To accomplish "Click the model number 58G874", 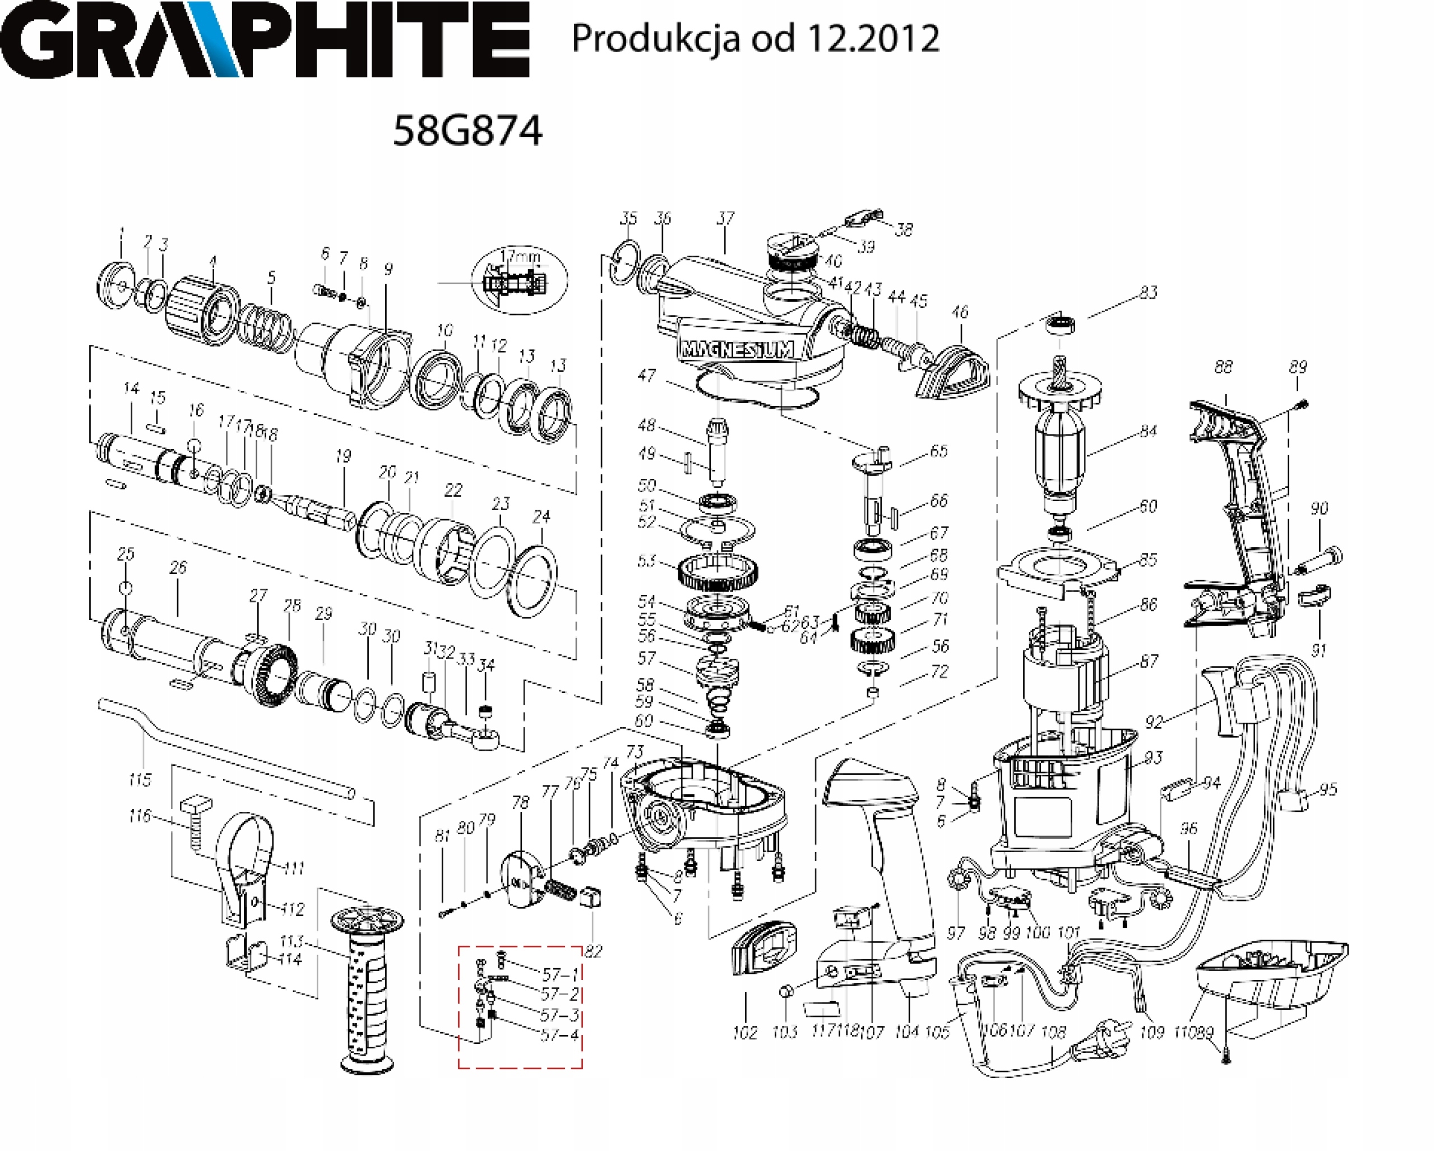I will click(x=467, y=131).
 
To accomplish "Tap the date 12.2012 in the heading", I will click(x=873, y=38).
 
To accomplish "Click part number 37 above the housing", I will click(x=725, y=218).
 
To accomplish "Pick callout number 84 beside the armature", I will click(x=1147, y=431).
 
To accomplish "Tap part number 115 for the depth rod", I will click(x=140, y=779).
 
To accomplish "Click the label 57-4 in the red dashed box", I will click(x=560, y=1035).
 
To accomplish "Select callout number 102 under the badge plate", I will click(x=745, y=1033).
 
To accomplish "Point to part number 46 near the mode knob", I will click(x=959, y=312).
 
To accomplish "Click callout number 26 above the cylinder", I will click(x=178, y=568).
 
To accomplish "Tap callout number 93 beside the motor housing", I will click(x=1153, y=757).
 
